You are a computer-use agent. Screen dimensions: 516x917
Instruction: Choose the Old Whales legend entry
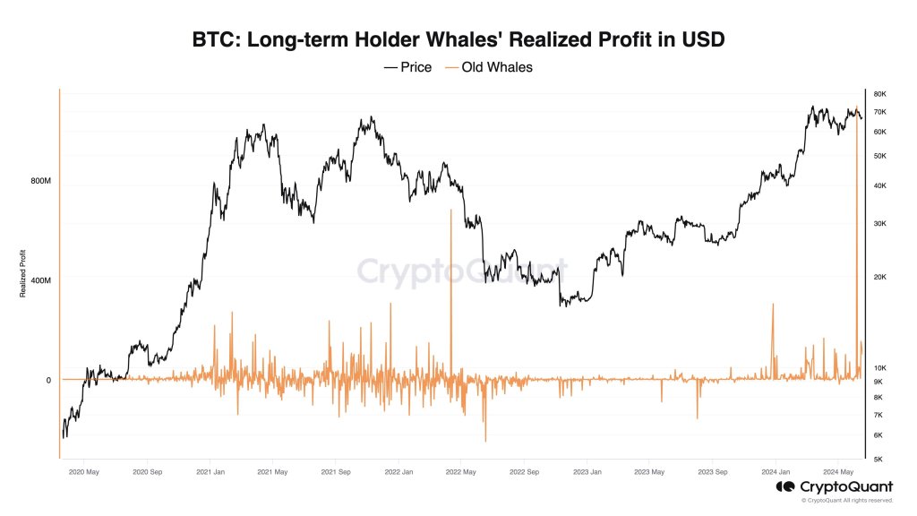tap(488, 67)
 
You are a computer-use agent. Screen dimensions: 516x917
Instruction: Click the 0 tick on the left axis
tap(48, 380)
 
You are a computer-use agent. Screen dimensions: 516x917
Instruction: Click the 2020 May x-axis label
tap(83, 470)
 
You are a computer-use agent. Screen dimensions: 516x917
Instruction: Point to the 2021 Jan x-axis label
tap(210, 470)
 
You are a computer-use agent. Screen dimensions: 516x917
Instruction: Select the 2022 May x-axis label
tap(462, 470)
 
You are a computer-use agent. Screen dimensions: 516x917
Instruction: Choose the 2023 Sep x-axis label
tap(712, 470)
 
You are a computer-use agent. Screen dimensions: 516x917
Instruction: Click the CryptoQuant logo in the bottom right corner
tap(833, 486)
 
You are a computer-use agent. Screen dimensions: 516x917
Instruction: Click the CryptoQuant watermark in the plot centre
tap(462, 269)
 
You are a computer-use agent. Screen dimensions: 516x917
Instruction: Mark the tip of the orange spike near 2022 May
tap(451, 210)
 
